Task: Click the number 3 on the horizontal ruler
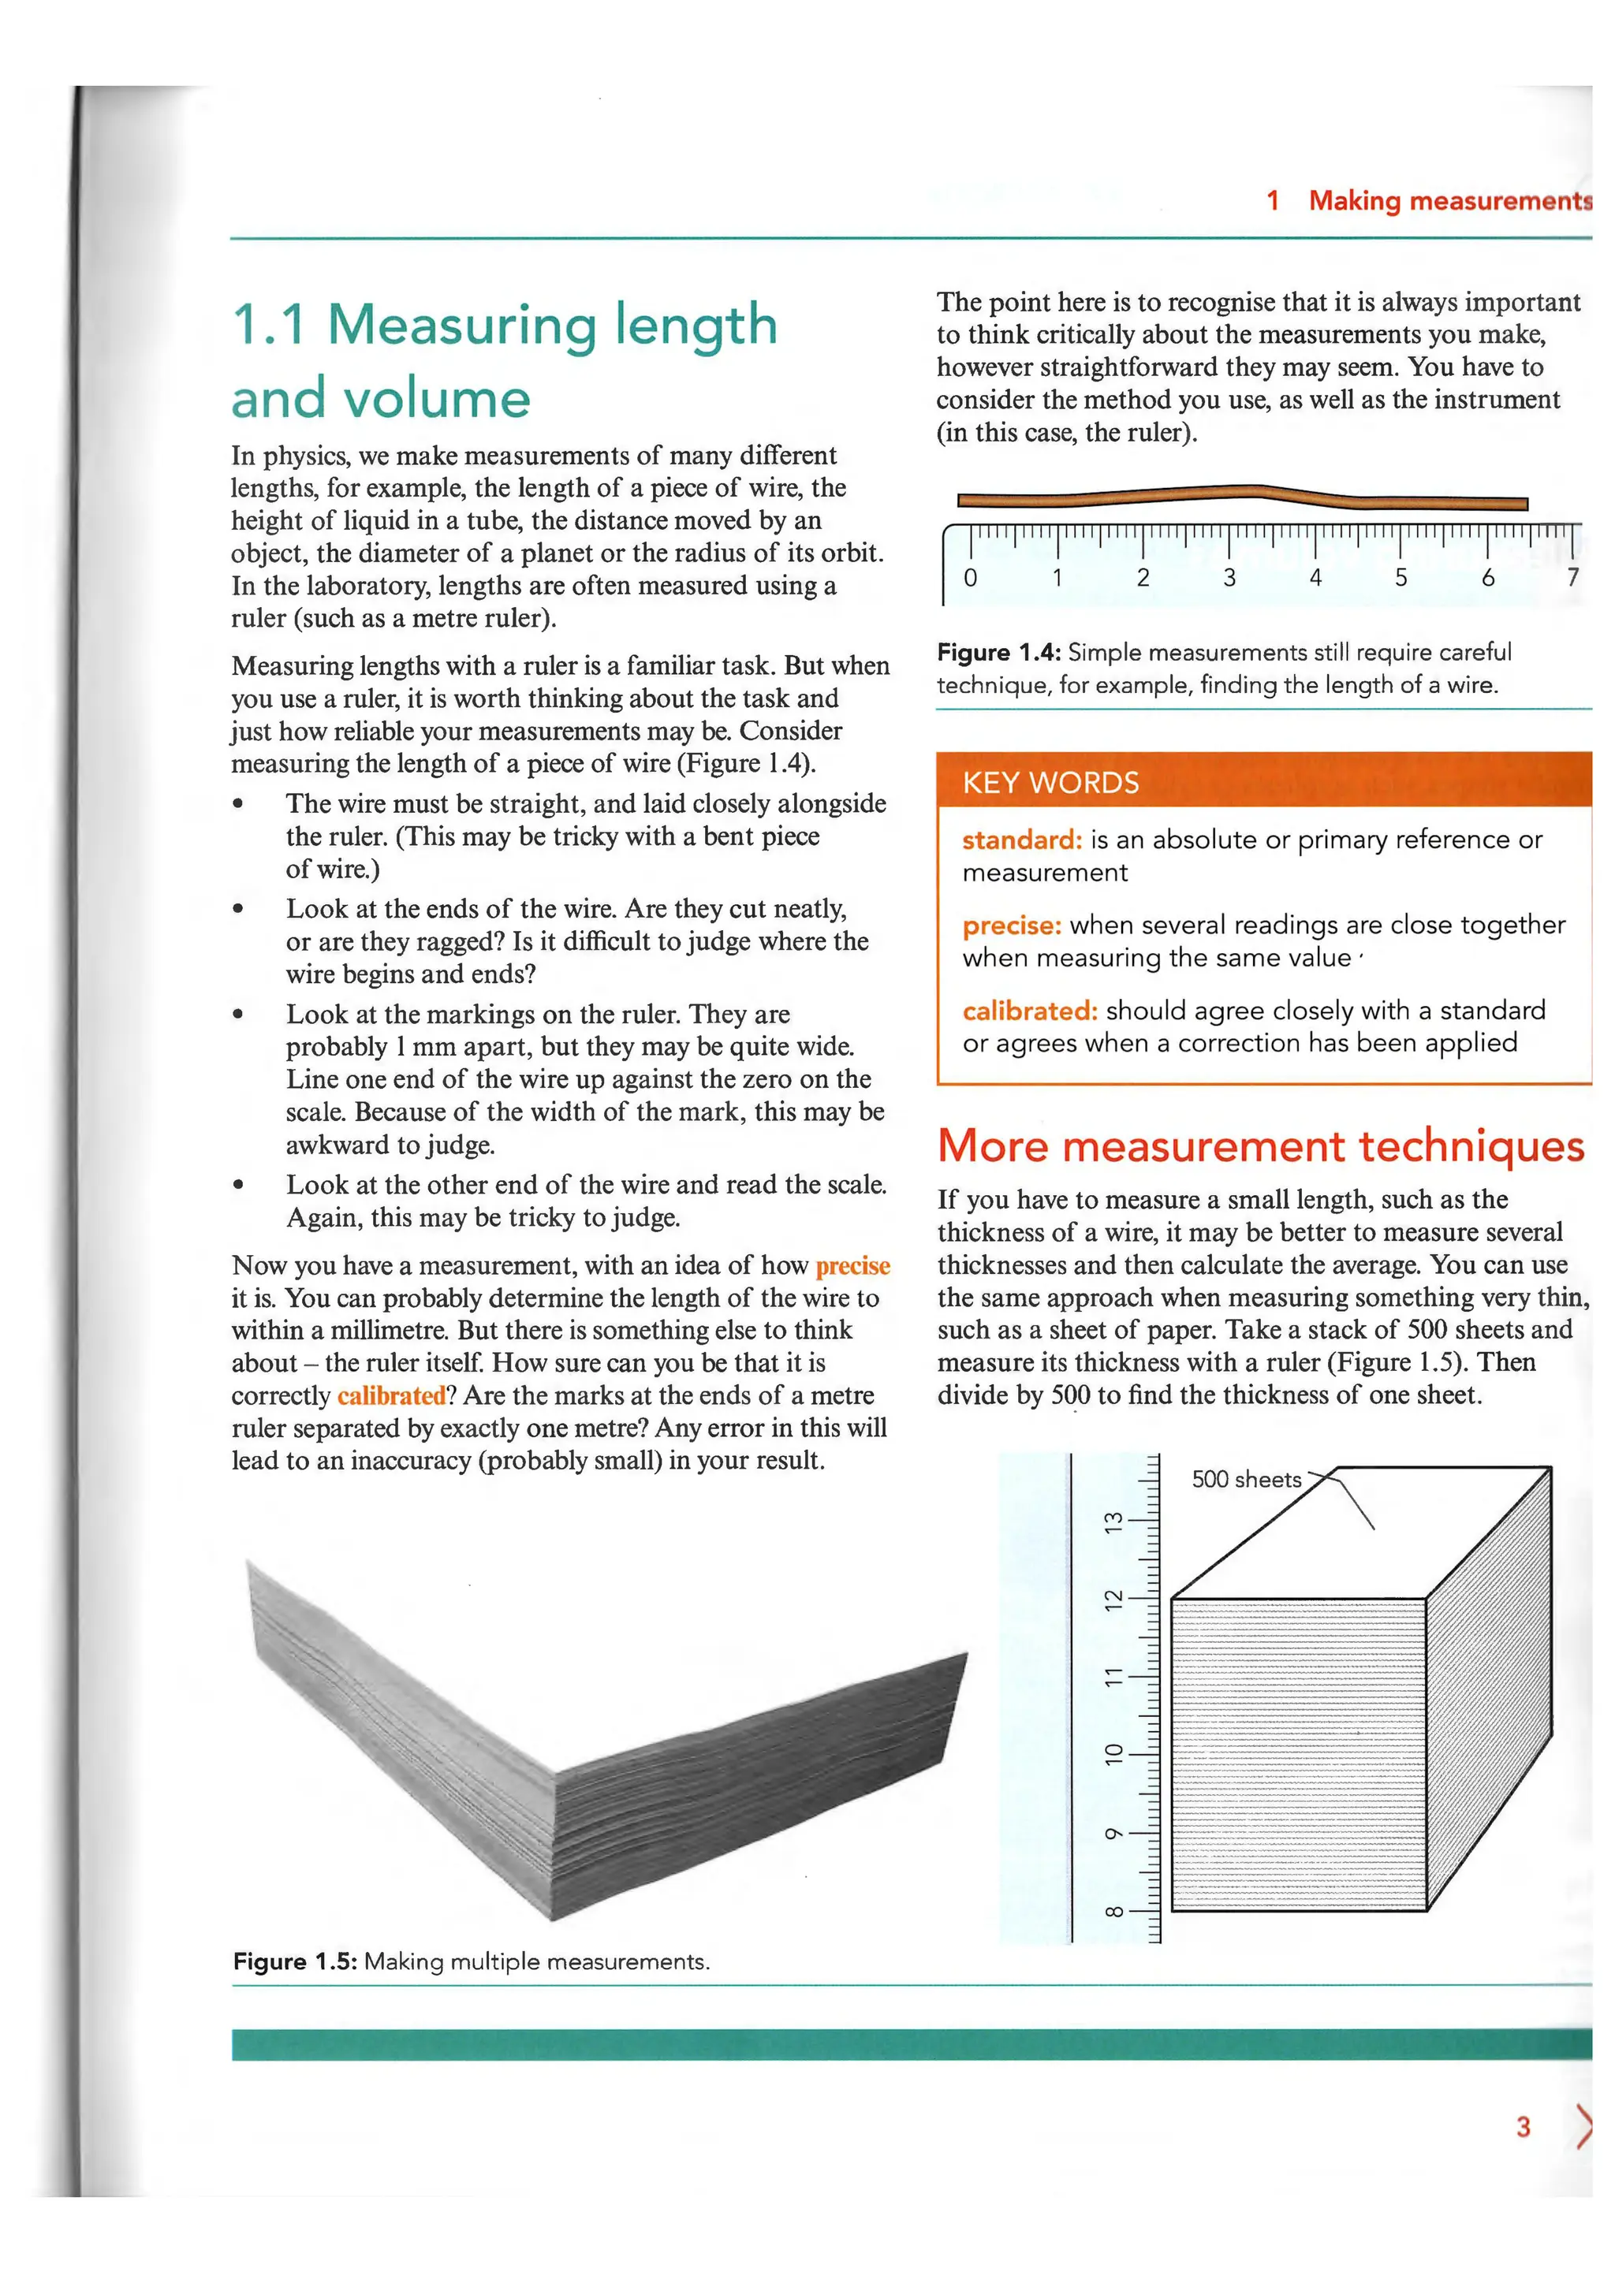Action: click(1229, 578)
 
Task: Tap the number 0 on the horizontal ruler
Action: click(971, 578)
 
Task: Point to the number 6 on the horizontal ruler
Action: click(1488, 578)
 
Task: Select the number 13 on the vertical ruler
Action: click(1115, 1521)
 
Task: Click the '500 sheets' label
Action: click(1246, 1480)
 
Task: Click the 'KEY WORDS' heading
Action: click(1050, 783)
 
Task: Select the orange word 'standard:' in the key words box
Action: click(1021, 840)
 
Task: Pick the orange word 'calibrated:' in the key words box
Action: click(1029, 1011)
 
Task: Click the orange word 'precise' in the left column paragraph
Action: click(852, 1266)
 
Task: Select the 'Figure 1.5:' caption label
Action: click(294, 1962)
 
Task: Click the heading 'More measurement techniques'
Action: click(1260, 1146)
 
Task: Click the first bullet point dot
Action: click(237, 804)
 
